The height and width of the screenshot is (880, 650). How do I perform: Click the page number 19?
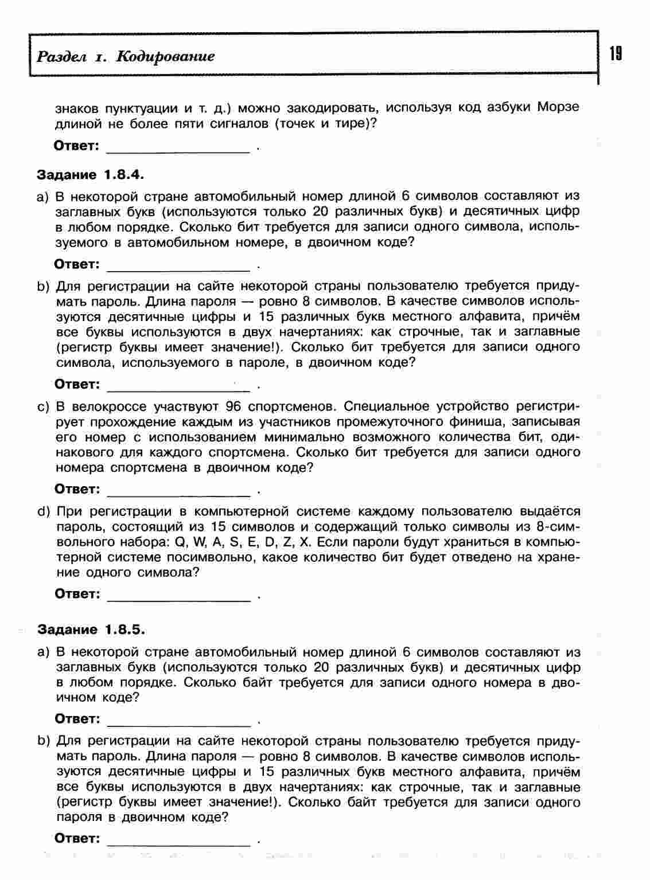point(616,54)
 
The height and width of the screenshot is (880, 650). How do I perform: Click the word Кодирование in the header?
point(165,56)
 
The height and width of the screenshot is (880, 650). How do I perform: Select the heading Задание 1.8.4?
point(90,174)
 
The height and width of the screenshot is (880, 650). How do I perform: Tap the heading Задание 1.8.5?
point(91,629)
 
